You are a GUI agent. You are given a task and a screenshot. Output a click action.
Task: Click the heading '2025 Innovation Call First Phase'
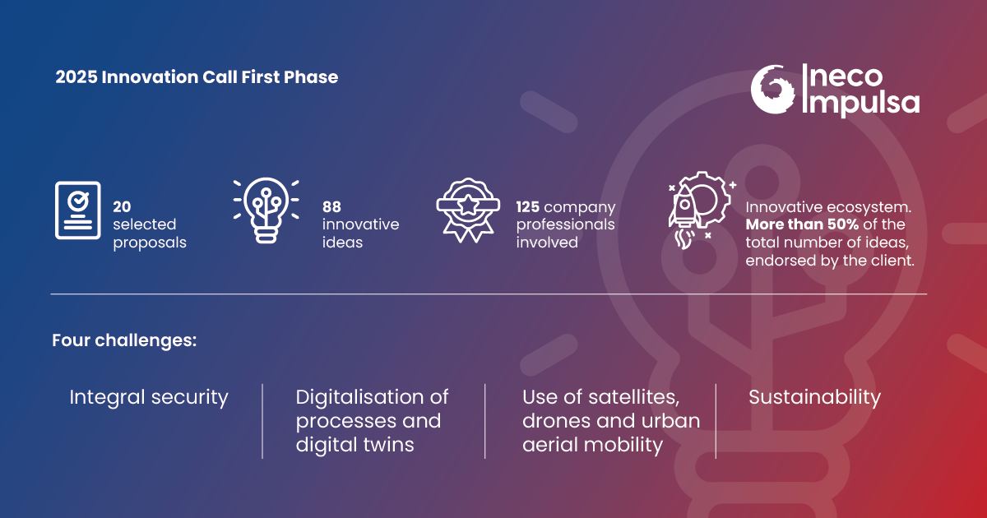(x=197, y=77)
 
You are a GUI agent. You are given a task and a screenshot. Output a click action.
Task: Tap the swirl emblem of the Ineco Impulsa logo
(x=772, y=90)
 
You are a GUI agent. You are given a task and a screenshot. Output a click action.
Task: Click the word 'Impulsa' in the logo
(x=861, y=103)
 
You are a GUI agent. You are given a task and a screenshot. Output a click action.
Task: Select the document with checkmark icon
(x=78, y=210)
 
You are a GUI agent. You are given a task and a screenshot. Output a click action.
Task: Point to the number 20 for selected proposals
(x=122, y=206)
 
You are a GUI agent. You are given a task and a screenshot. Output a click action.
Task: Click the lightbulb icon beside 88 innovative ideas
(x=266, y=210)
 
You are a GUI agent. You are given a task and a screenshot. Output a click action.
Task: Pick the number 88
(x=331, y=206)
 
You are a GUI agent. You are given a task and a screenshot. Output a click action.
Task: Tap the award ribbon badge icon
(x=468, y=210)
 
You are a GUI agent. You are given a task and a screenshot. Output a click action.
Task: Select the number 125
(x=528, y=206)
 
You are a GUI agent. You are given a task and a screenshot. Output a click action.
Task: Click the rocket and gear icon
(x=701, y=210)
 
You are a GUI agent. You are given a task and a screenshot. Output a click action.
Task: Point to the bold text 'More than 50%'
(x=802, y=224)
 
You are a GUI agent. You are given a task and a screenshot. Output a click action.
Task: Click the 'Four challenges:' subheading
(x=124, y=340)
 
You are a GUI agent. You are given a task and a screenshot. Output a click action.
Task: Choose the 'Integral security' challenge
(x=149, y=397)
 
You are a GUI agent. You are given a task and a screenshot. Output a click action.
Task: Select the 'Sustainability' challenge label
(x=815, y=397)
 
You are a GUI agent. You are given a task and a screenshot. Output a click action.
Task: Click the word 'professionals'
(x=565, y=224)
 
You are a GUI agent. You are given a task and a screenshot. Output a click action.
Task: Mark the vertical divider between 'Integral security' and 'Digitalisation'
(x=262, y=421)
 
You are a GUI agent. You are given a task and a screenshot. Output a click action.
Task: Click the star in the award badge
(x=468, y=205)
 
